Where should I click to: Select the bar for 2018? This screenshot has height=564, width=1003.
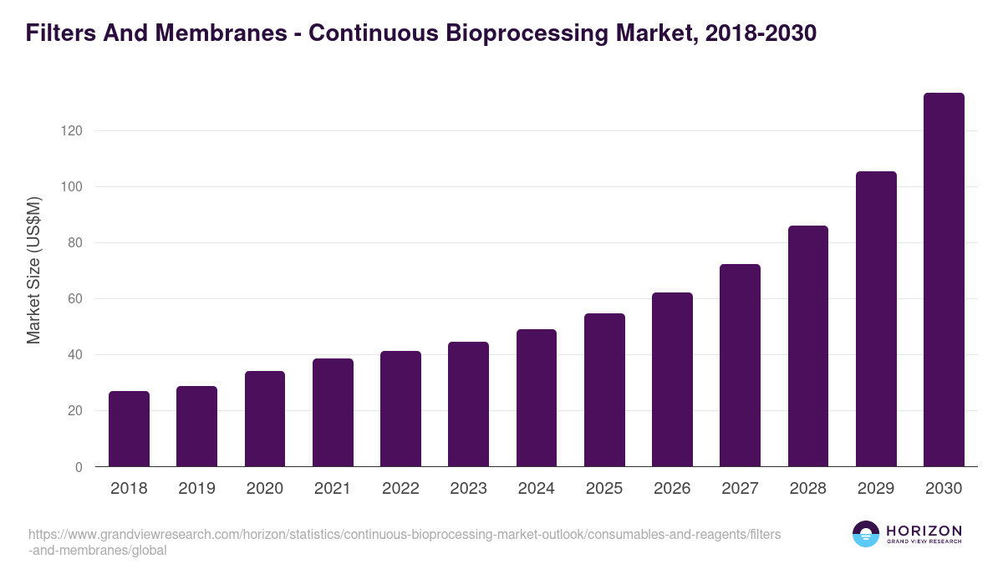129,429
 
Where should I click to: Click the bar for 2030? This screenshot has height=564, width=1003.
944,280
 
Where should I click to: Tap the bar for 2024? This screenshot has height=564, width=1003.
537,398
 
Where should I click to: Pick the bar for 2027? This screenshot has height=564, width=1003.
740,365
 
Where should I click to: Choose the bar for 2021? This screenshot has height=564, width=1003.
333,413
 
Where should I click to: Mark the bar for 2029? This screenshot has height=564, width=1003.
876,319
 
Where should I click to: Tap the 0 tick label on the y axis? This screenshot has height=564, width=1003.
79,467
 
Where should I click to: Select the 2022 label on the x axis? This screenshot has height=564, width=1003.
400,489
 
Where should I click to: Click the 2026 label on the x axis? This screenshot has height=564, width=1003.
672,489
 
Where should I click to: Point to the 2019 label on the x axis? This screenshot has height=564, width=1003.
196,489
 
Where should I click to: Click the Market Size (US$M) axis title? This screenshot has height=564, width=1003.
33,271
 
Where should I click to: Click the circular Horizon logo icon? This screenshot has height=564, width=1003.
866,534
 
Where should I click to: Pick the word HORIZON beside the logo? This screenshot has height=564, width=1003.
924,531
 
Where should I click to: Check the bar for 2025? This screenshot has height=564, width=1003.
604,390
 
